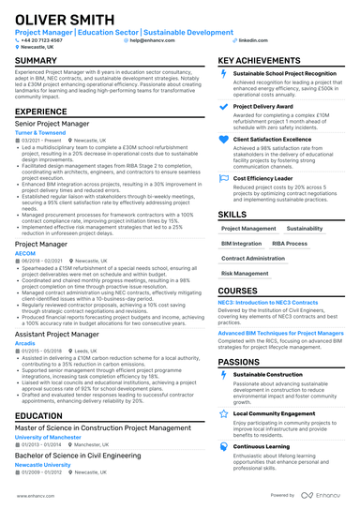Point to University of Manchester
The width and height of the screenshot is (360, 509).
49,438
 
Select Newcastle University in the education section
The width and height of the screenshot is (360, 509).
42,465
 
